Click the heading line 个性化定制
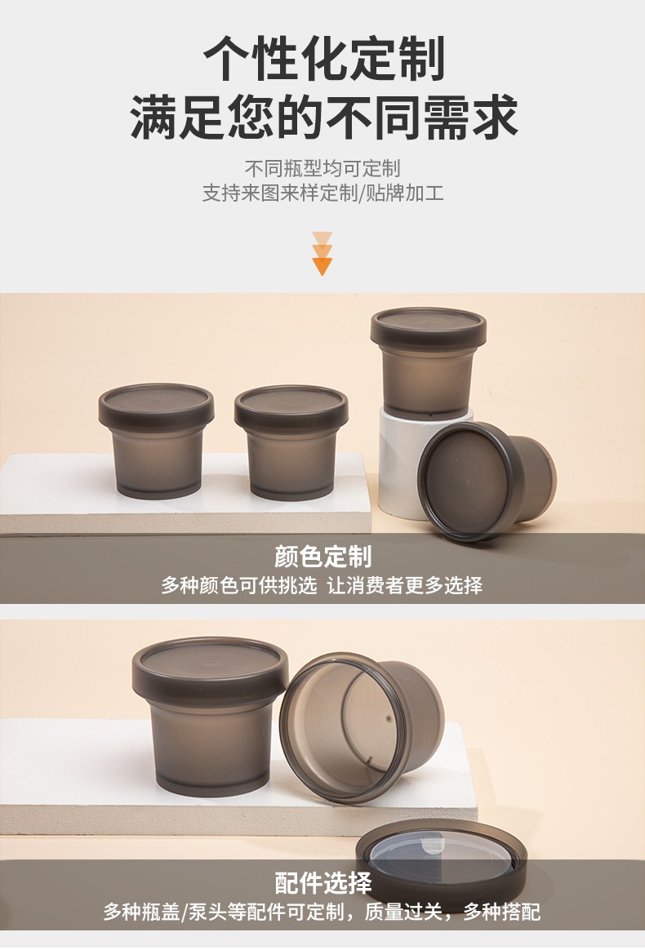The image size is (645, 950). [323, 58]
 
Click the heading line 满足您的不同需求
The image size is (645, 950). [323, 117]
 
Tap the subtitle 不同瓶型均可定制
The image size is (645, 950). [322, 168]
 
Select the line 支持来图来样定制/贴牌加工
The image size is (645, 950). [322, 193]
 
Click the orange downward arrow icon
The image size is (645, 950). [322, 253]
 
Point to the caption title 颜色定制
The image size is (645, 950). [322, 556]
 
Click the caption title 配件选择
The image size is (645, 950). [322, 883]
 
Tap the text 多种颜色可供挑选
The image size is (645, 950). [238, 585]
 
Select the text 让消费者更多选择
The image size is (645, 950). [405, 585]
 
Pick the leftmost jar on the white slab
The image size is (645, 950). [156, 441]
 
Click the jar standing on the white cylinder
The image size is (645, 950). [428, 363]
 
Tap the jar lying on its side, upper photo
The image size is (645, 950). [487, 481]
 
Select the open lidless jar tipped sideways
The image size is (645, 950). [362, 726]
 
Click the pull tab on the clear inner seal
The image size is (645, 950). [432, 845]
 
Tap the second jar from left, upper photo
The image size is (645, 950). [291, 442]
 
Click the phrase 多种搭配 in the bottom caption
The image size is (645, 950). [501, 911]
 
